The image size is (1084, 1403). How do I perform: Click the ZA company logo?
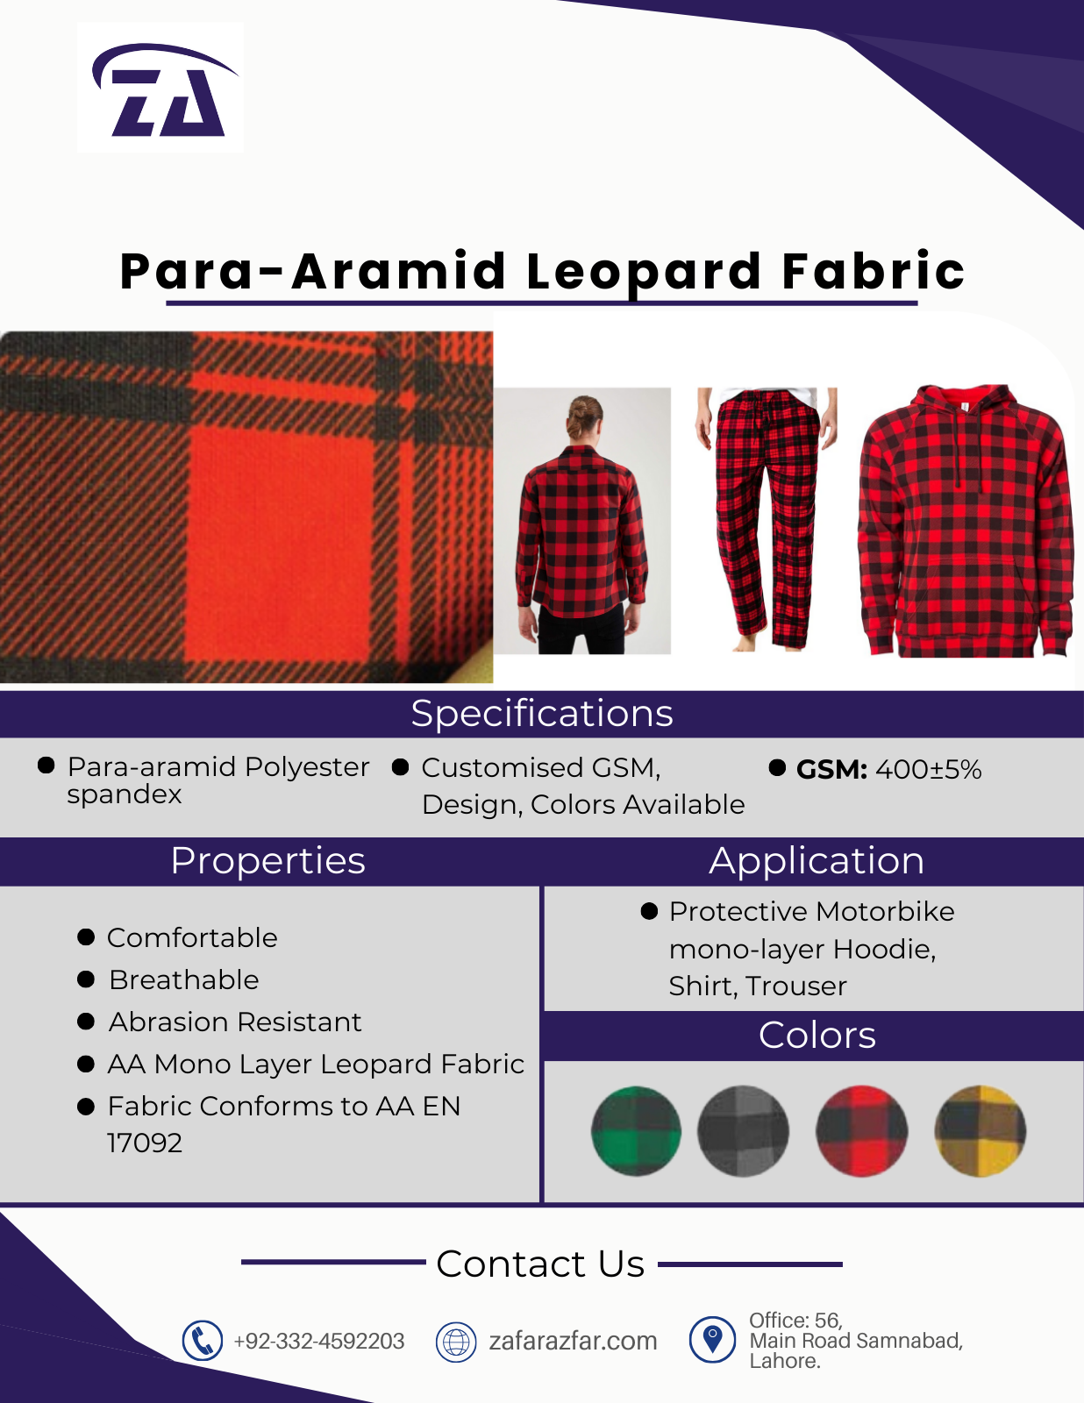pyautogui.click(x=165, y=89)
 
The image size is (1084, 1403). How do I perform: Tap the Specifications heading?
pyautogui.click(x=542, y=714)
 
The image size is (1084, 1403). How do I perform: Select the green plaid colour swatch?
pyautogui.click(x=636, y=1131)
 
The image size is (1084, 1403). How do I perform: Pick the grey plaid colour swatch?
pyautogui.click(x=743, y=1131)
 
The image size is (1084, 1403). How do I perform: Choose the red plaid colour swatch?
pyautogui.click(x=862, y=1131)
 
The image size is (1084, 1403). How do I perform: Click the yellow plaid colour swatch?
pyautogui.click(x=980, y=1131)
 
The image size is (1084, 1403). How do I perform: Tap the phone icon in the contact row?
pyautogui.click(x=203, y=1341)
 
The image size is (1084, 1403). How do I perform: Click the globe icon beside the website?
pyautogui.click(x=456, y=1342)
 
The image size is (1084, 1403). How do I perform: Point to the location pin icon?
pyautogui.click(x=712, y=1340)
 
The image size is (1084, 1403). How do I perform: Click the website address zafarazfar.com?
pyautogui.click(x=574, y=1341)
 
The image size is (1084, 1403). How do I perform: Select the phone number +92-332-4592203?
pyautogui.click(x=319, y=1342)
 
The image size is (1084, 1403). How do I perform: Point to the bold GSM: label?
pyautogui.click(x=831, y=769)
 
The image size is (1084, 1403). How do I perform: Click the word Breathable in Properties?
pyautogui.click(x=184, y=980)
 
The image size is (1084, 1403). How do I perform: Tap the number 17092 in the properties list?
pyautogui.click(x=145, y=1143)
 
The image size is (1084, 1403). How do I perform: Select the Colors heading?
pyautogui.click(x=817, y=1036)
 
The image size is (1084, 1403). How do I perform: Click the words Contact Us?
pyautogui.click(x=540, y=1264)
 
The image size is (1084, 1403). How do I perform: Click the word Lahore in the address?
pyautogui.click(x=784, y=1362)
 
